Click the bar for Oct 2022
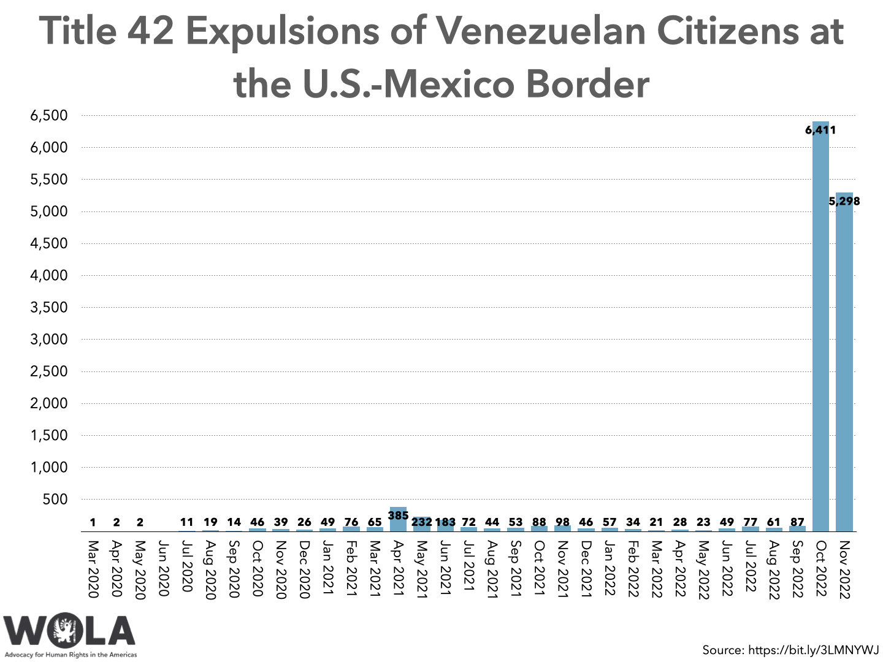pyautogui.click(x=820, y=331)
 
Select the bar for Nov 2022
pyautogui.click(x=844, y=368)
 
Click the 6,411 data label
pyautogui.click(x=820, y=130)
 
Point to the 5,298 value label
pyautogui.click(x=844, y=201)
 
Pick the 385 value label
pyautogui.click(x=398, y=516)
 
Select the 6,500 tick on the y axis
pyautogui.click(x=49, y=116)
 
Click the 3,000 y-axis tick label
pyautogui.click(x=49, y=340)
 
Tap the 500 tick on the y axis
pyautogui.click(x=55, y=500)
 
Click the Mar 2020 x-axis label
pyautogui.click(x=93, y=568)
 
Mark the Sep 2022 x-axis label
pyautogui.click(x=797, y=569)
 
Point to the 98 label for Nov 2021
pyautogui.click(x=562, y=522)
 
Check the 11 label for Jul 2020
pyautogui.click(x=186, y=522)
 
